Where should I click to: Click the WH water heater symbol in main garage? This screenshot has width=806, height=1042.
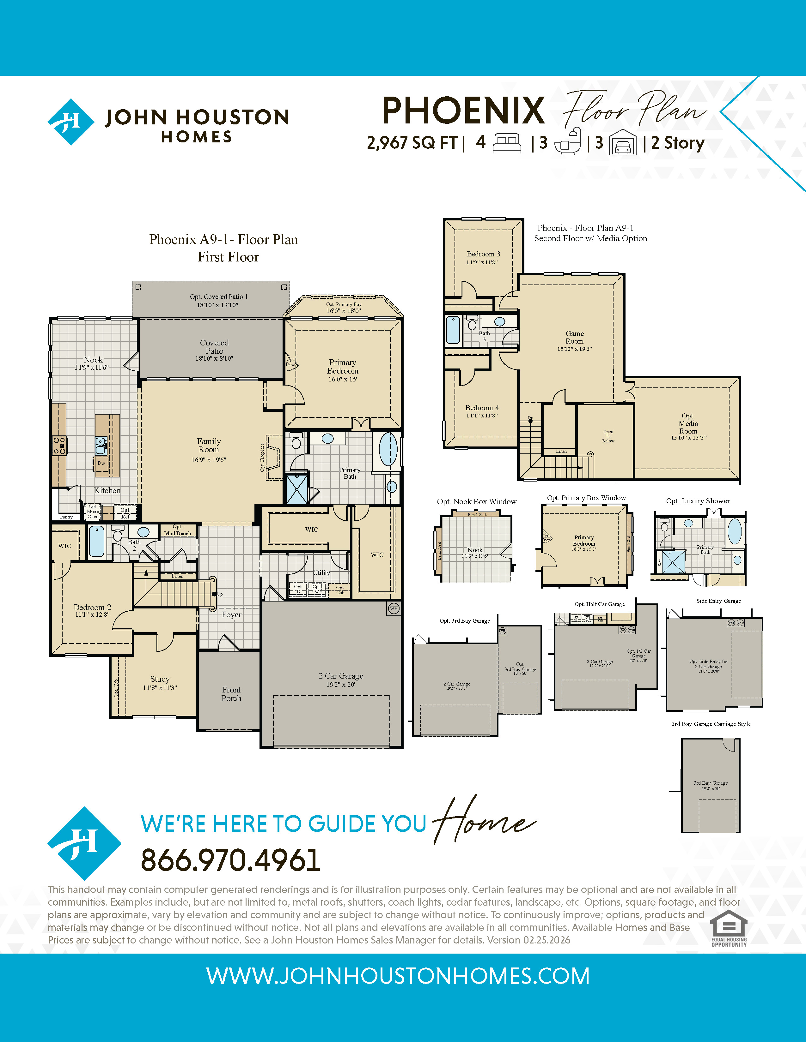point(394,608)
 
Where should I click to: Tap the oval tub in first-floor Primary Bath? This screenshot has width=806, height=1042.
point(388,449)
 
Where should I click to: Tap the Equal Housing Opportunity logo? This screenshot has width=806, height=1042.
point(729,928)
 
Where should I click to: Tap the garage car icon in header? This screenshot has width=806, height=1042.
point(623,143)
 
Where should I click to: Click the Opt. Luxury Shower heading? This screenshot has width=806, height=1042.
point(698,501)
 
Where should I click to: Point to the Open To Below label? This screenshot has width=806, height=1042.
point(608,436)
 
